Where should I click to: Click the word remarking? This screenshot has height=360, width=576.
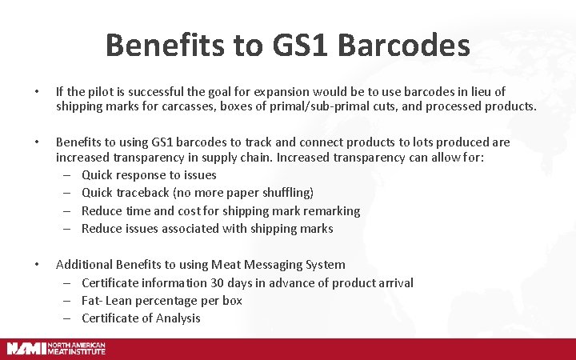[329, 211]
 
